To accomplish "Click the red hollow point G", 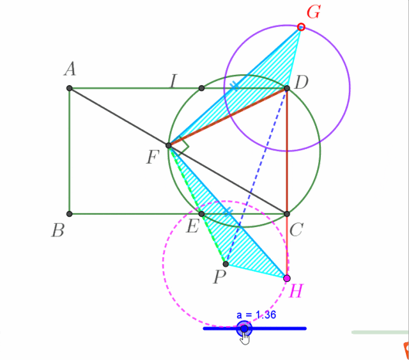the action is tap(301, 27).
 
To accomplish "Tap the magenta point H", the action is tap(287, 278).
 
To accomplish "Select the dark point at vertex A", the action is tap(70, 88).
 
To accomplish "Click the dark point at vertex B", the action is tap(70, 214).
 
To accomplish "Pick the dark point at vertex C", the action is tap(287, 214).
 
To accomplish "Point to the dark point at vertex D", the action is tap(287, 88).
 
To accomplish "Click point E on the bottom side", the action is tap(201, 214).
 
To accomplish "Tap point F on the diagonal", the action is tap(169, 145).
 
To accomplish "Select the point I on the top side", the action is tap(201, 88).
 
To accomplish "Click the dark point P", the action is tap(226, 264).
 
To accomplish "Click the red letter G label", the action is tap(314, 12).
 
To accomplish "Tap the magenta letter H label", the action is tap(296, 291).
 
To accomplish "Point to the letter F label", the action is tap(153, 157).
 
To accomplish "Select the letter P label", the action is tap(220, 277).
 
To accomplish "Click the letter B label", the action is tap(58, 231).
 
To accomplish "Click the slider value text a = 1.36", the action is tap(256, 315).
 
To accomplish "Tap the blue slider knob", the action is tap(244, 329).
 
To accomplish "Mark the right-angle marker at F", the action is tap(183, 146).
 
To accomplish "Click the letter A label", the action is tap(70, 70).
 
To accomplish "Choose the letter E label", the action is tap(193, 226).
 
